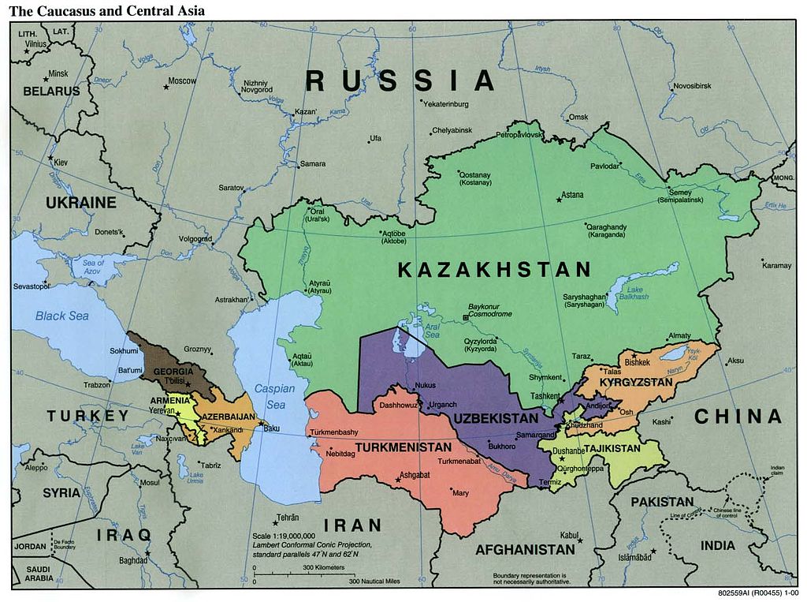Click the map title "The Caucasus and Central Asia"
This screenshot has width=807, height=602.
coord(107,10)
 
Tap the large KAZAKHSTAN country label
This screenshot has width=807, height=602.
coord(494,270)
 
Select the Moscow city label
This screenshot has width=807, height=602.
coord(182,80)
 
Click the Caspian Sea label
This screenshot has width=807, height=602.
coord(273,397)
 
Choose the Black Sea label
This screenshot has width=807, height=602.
coord(61,316)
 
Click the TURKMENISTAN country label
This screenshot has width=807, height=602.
coord(403,447)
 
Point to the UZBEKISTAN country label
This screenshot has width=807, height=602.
coord(495,417)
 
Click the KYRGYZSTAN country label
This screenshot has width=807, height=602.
coord(636,383)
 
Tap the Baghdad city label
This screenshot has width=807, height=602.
coord(133,561)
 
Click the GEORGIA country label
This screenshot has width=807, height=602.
coord(173,372)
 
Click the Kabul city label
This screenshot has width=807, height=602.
coord(569,535)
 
